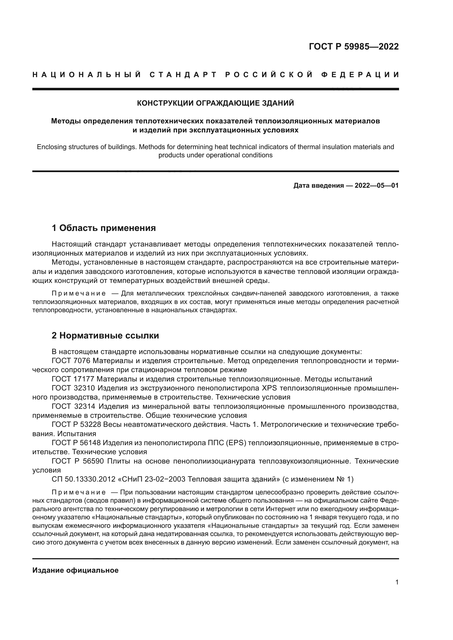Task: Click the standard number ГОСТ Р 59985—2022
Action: point(353,47)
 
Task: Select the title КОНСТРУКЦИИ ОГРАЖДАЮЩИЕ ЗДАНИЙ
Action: point(215,103)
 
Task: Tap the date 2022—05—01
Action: point(377,186)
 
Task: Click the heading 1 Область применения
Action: point(104,228)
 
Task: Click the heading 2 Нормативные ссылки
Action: point(105,336)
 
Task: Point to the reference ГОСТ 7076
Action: point(71,361)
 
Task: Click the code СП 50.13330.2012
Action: point(84,479)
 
